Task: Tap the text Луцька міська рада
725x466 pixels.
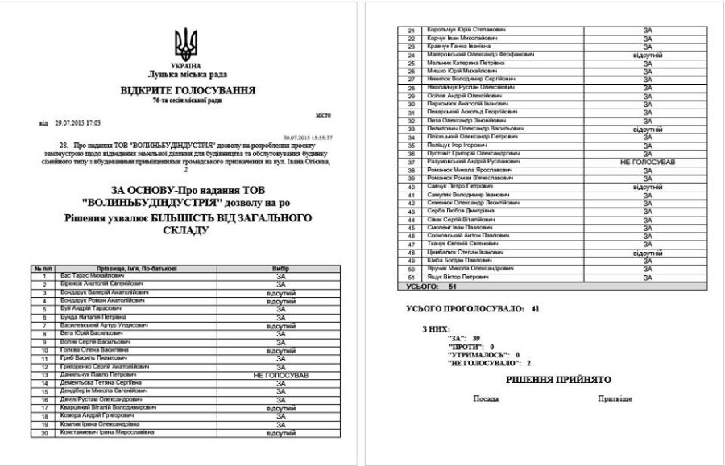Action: (186, 74)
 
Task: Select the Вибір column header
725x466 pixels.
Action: (282, 268)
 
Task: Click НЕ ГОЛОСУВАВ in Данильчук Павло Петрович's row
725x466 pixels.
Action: (282, 375)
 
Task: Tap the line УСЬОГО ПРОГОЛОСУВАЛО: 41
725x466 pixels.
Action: (474, 308)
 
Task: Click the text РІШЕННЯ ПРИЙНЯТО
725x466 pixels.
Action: (558, 379)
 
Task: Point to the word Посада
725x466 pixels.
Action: (486, 398)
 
